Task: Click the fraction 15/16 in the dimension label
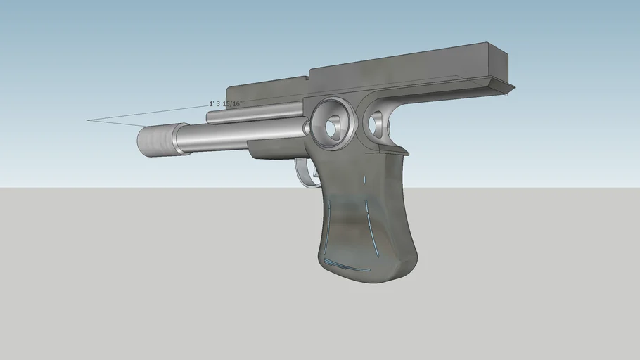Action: [x=231, y=103]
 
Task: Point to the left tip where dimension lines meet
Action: [x=87, y=120]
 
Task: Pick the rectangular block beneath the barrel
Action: [x=274, y=149]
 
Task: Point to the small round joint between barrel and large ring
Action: [x=307, y=127]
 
